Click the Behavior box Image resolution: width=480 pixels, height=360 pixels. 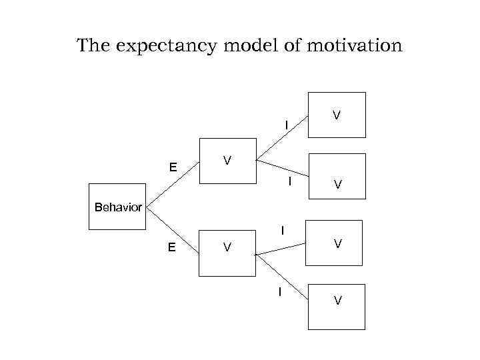[118, 207]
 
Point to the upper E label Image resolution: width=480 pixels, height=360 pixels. [172, 167]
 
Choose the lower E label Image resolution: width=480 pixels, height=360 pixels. [172, 247]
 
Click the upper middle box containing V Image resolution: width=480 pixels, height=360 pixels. [227, 161]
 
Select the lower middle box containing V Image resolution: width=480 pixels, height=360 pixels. [227, 252]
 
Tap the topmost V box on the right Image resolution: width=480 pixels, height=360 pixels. [337, 115]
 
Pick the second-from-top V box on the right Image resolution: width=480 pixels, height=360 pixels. [337, 176]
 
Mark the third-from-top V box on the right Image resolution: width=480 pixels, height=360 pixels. [337, 243]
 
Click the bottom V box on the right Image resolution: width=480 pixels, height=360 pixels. [337, 306]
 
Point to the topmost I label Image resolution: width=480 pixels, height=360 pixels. [287, 125]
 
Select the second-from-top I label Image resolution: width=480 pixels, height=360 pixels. [289, 181]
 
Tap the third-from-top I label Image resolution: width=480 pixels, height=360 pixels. [283, 231]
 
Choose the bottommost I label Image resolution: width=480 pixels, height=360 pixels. [280, 291]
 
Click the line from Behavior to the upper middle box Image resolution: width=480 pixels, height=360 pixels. [173, 183]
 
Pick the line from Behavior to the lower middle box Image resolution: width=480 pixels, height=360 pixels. [172, 231]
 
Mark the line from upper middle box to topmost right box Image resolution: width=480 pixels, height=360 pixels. [282, 138]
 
